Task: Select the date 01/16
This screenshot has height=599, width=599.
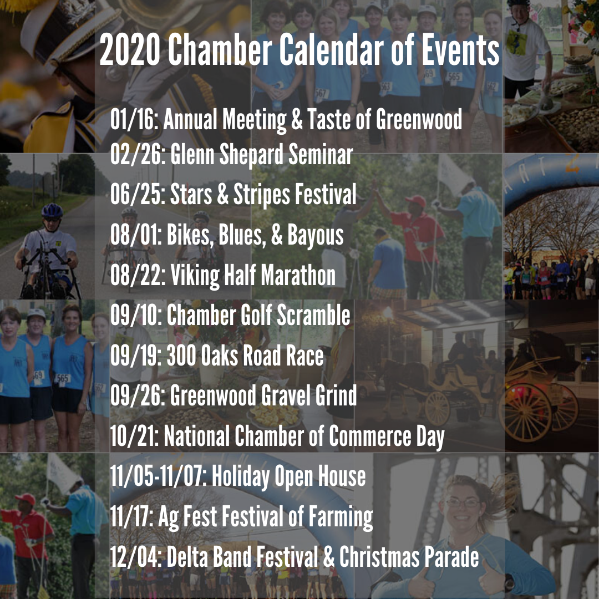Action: point(134,119)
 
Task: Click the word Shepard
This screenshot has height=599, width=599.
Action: point(252,155)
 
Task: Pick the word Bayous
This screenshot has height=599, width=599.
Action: point(316,235)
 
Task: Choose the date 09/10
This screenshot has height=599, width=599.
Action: point(134,315)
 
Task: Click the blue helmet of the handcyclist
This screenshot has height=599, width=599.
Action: point(52,211)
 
